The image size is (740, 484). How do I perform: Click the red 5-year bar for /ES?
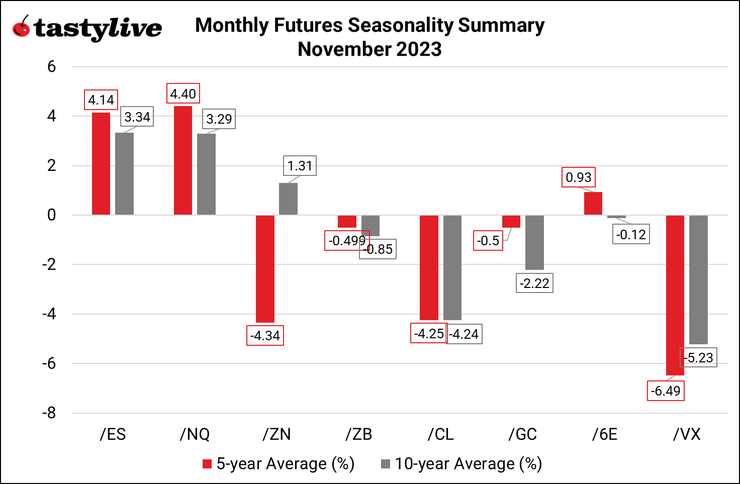coord(101,164)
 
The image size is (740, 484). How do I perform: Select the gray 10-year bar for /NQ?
coord(206,174)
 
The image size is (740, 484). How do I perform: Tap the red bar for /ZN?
coord(265,269)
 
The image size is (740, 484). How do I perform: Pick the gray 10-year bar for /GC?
coord(534,242)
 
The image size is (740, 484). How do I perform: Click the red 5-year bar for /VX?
coord(675,295)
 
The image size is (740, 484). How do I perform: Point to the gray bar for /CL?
coord(452,267)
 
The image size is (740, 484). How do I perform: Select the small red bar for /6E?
coord(593,204)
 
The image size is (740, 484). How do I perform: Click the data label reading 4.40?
coord(183,94)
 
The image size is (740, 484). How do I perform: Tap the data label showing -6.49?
coord(666,391)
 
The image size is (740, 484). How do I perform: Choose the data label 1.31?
coord(300,166)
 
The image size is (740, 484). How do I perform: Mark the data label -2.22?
coord(534,283)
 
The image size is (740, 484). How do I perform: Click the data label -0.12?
coord(631,235)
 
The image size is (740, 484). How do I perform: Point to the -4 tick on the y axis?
coord(49,314)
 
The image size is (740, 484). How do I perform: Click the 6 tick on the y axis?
coord(51,67)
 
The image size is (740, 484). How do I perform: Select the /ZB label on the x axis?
coord(359,434)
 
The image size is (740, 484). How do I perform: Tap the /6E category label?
coord(605,434)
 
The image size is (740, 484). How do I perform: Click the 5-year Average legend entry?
coord(279,463)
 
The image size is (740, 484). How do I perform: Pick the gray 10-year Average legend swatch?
coord(386,463)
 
